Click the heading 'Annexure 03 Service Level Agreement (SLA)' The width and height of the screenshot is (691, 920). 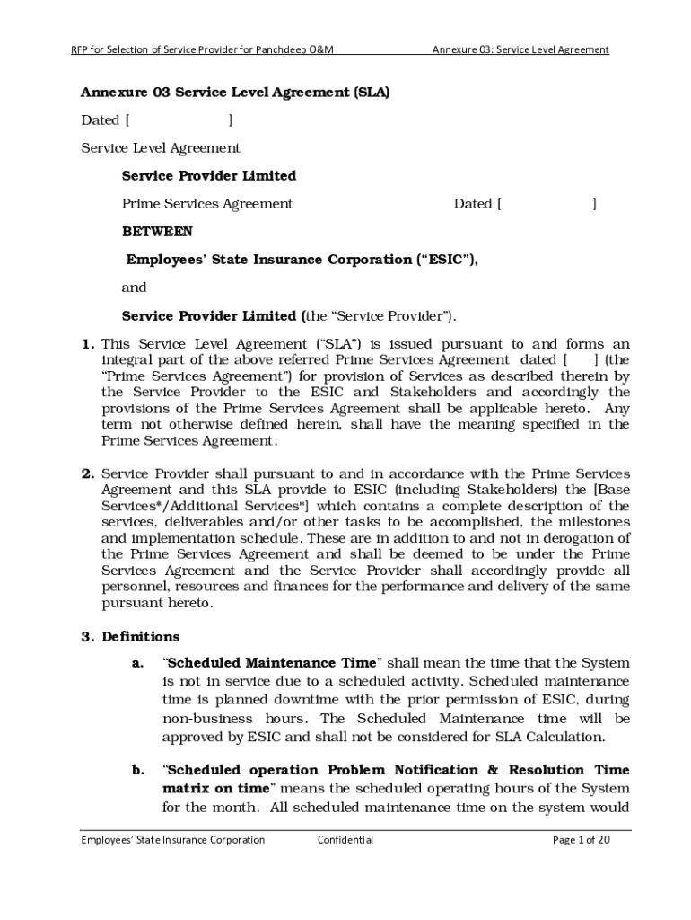pos(235,93)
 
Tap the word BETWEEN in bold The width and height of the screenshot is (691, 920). pos(157,232)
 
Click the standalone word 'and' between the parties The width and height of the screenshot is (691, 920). pos(134,287)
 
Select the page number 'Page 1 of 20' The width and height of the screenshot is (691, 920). pos(582,840)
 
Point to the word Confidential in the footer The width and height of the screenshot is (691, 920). pos(345,840)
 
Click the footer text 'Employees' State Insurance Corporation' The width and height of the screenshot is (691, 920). pos(173,840)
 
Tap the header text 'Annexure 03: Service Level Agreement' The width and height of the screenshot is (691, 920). pos(520,49)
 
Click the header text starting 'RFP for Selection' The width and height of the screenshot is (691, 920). pos(203,49)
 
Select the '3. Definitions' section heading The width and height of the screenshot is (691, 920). pos(130,637)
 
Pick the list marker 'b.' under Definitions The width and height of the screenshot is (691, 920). pos(137,771)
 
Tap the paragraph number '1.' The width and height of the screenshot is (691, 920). pos(88,344)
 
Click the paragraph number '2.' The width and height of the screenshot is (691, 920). pos(88,473)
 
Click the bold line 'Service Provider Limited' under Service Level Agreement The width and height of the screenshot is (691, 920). pos(209,176)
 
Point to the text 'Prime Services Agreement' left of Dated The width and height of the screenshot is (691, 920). pos(207,204)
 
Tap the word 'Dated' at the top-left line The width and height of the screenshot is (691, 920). pos(101,120)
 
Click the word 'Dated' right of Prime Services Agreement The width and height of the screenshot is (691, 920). pos(473,204)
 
